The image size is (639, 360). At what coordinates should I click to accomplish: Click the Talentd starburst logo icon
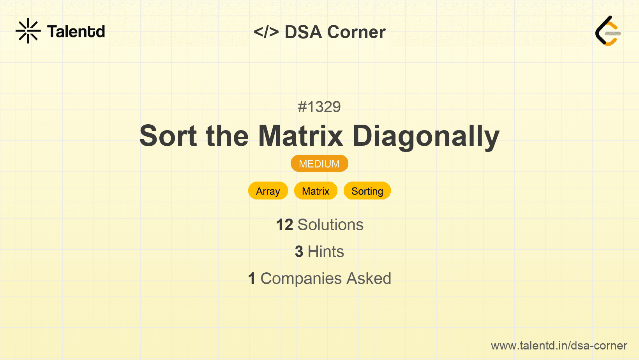pos(28,31)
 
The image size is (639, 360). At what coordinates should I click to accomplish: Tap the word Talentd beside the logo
pos(76,32)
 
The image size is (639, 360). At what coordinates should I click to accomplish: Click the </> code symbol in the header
pos(266,32)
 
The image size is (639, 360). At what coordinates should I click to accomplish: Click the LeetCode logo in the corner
pos(608,31)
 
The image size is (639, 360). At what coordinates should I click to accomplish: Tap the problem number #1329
pos(319,107)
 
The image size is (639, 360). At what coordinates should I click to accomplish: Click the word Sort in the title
pos(168,136)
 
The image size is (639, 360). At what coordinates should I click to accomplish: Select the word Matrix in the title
pos(300,136)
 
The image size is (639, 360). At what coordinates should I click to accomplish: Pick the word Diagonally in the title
pos(426,137)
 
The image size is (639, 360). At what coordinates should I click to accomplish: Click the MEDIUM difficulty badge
pos(319,164)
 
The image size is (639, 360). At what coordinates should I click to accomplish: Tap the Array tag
pos(268,191)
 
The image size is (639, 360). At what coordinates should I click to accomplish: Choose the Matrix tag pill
pos(316,191)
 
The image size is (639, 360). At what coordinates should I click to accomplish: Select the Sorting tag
pos(367,191)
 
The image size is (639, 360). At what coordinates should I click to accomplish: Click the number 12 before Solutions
pos(284,225)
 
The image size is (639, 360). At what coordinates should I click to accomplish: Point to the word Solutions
pos(331,225)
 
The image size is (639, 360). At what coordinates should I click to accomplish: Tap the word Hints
pos(326,252)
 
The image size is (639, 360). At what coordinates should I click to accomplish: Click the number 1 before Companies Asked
pos(252,279)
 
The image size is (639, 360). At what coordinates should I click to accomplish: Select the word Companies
pos(301,279)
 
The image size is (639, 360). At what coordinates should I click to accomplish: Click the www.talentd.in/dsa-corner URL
pos(559,346)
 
